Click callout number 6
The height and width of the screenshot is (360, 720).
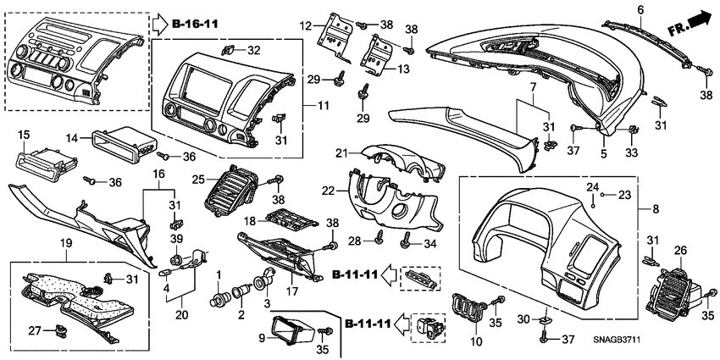(x=640, y=9)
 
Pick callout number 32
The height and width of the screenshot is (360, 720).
(x=254, y=51)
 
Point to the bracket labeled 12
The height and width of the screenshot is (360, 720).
(x=336, y=34)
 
